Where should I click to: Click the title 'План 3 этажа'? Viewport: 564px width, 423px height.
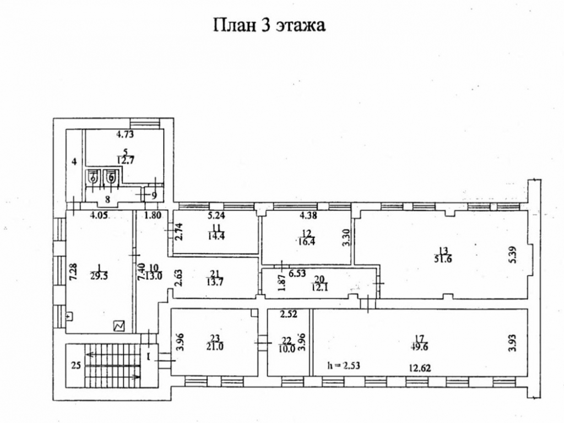(269, 26)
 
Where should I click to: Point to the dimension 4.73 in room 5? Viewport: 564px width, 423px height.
(124, 134)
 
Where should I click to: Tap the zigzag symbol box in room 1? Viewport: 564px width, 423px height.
(119, 326)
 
